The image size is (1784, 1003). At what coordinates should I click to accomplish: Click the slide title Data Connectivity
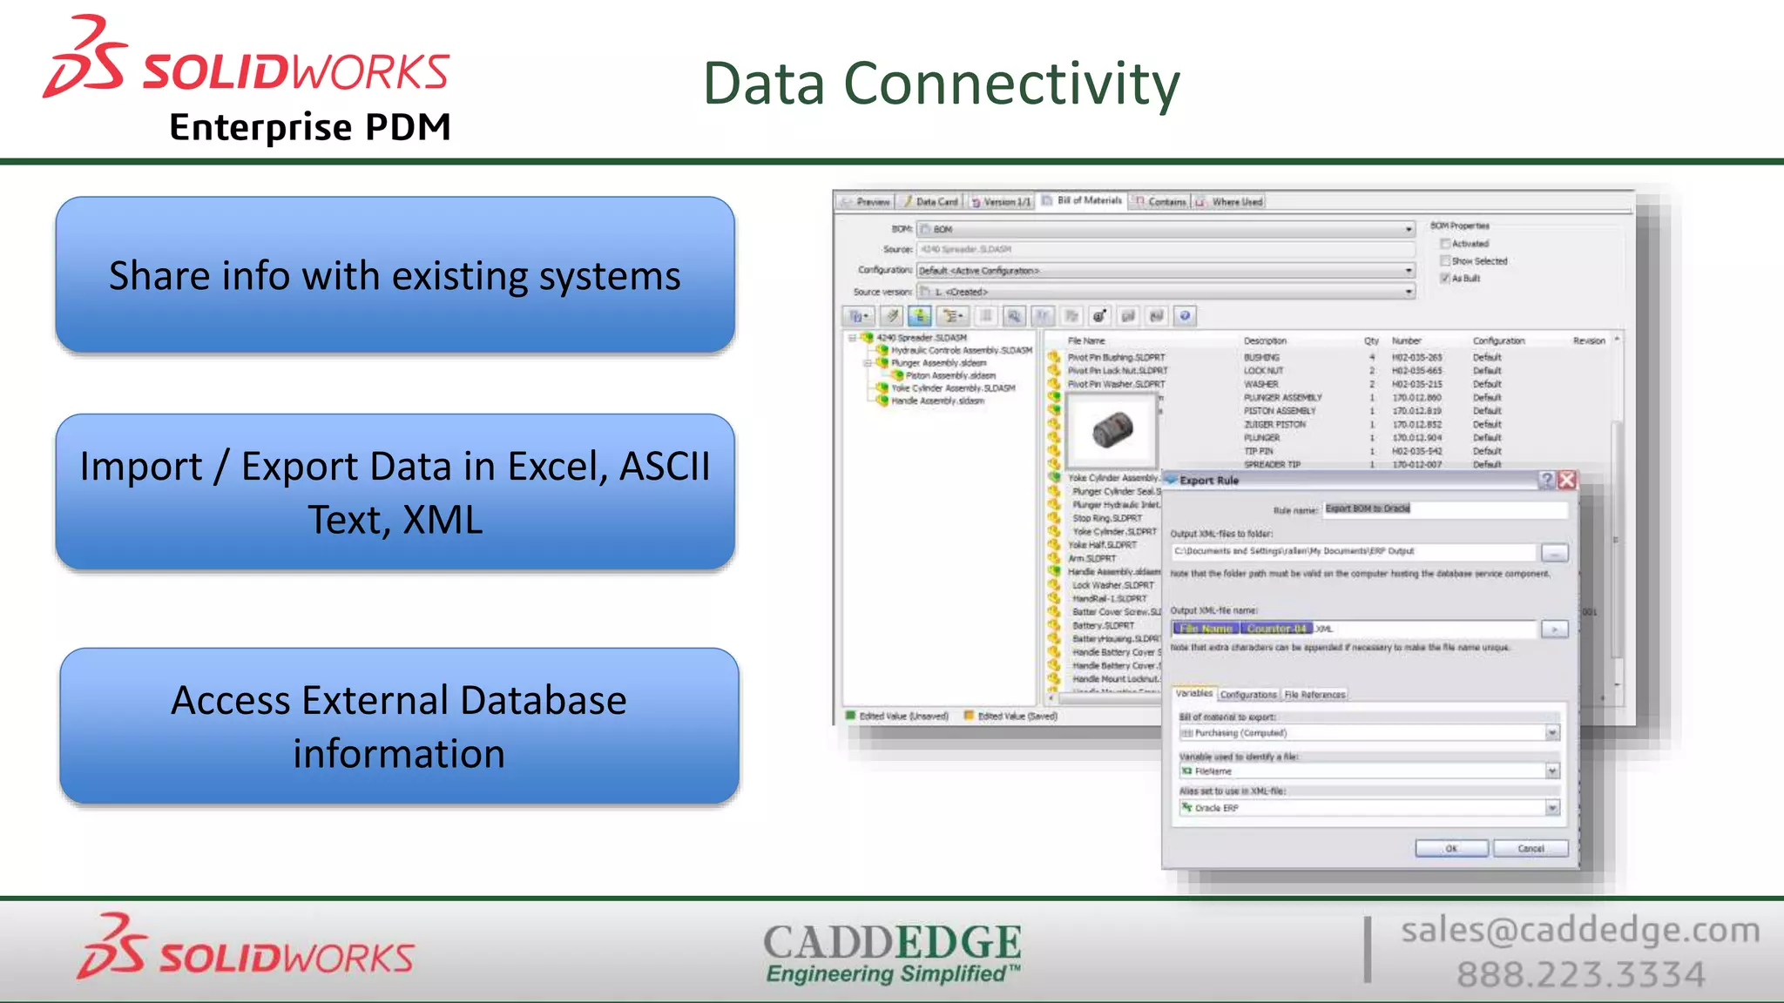point(941,84)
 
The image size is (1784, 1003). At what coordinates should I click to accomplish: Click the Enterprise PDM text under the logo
point(310,127)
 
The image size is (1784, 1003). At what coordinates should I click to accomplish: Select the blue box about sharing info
point(395,275)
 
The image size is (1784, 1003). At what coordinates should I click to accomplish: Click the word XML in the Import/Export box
point(443,521)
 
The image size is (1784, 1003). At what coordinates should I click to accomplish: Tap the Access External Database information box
point(399,726)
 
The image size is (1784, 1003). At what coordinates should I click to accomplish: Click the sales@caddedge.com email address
point(1579,930)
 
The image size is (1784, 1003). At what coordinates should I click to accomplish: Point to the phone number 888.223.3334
point(1580,974)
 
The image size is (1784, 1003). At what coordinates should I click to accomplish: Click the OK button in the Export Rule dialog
point(1451,848)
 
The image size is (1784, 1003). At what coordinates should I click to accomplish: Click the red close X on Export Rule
point(1567,480)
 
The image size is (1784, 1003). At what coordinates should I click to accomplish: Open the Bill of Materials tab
point(1088,201)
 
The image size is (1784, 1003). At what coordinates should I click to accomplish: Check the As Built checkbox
point(1445,279)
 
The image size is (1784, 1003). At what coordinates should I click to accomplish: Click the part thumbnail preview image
point(1112,430)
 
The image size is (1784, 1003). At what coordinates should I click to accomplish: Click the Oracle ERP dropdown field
point(1368,808)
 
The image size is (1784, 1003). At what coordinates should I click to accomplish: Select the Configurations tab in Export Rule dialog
point(1247,695)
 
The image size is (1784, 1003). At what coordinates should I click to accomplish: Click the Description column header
point(1264,340)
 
